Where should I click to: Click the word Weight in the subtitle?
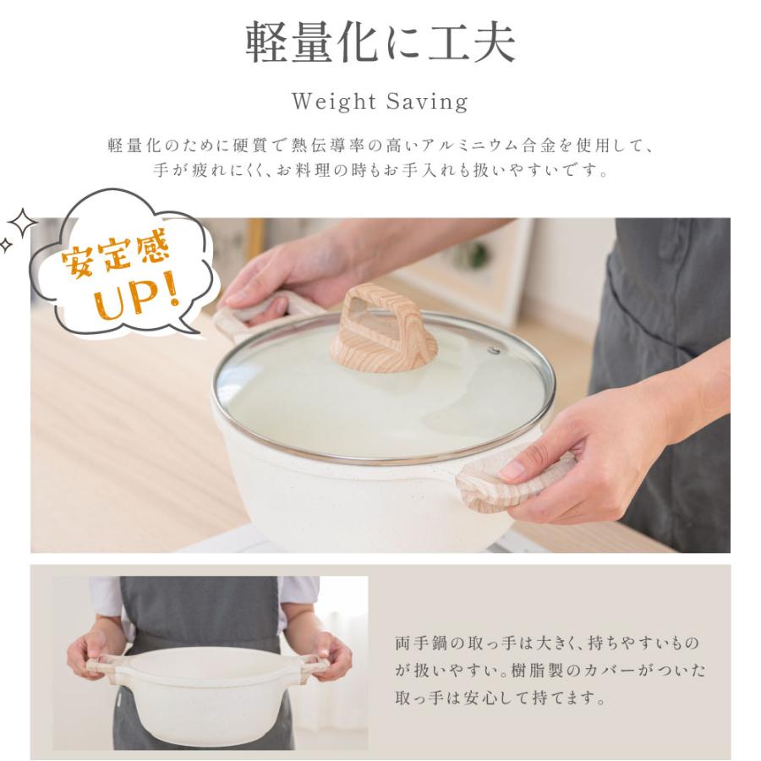332,102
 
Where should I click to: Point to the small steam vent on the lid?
494,349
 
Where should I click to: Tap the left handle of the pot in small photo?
106,664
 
